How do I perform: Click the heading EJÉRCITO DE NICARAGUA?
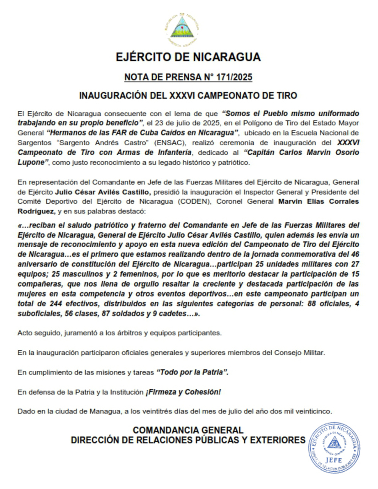pos(188,57)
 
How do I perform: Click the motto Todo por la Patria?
pos(192,373)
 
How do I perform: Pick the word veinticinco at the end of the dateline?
pos(311,411)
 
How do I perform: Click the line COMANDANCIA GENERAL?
pos(188,430)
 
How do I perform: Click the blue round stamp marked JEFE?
pos(333,448)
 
